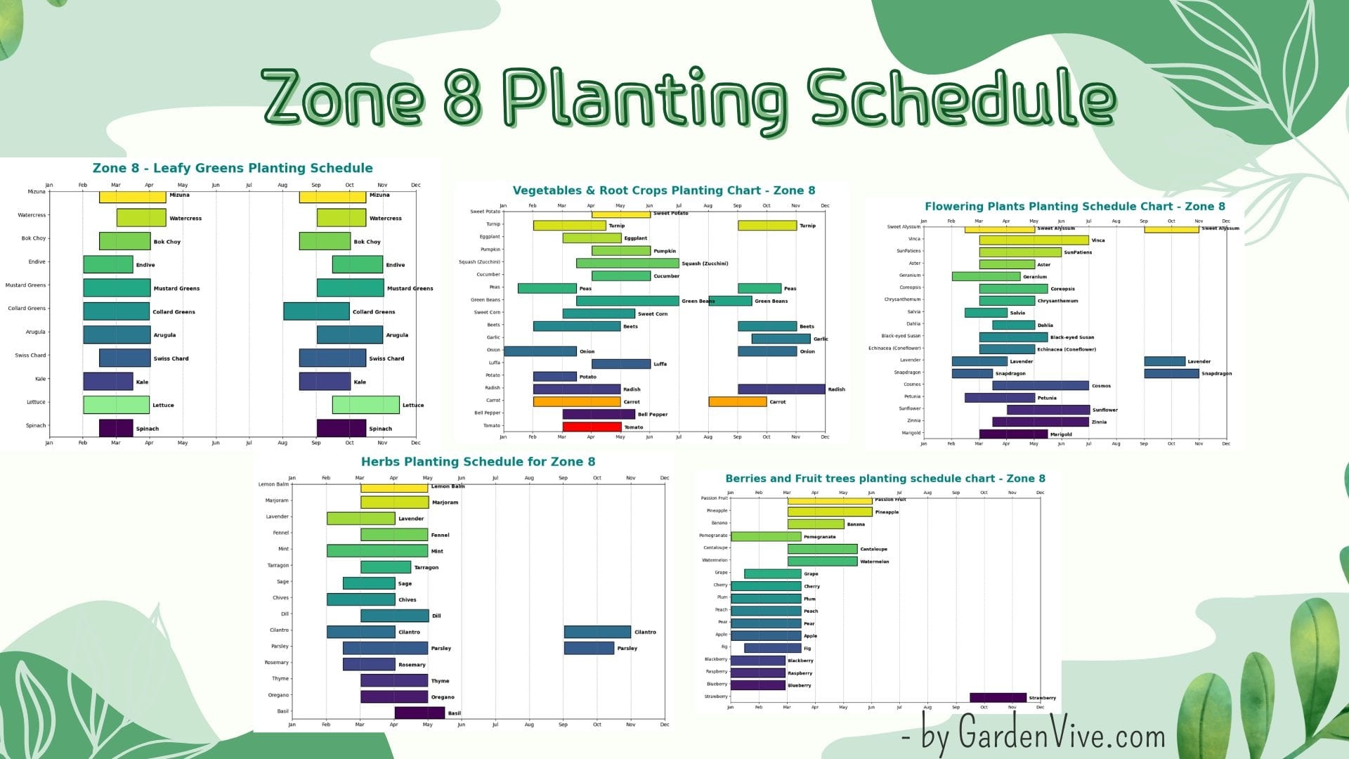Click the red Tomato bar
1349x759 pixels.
(x=592, y=427)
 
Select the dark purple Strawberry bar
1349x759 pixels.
(x=998, y=698)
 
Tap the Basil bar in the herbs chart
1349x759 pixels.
(x=419, y=713)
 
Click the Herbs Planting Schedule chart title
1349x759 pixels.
(x=478, y=462)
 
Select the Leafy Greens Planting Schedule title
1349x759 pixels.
(x=233, y=168)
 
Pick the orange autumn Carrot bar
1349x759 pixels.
(x=737, y=402)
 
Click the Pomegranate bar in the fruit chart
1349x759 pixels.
(x=766, y=537)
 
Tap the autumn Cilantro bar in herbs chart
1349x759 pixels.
(x=597, y=632)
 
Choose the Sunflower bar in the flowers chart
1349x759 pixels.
(x=1048, y=410)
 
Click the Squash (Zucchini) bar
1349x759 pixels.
(x=627, y=264)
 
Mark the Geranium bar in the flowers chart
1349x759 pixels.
(x=986, y=276)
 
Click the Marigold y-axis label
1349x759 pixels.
(x=911, y=433)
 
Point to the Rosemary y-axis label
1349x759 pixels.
(x=277, y=663)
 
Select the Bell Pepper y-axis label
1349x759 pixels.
(x=488, y=413)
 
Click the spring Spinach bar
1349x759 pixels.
(x=116, y=428)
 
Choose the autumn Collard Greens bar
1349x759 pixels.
(x=316, y=311)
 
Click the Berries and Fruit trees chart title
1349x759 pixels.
(x=885, y=479)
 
